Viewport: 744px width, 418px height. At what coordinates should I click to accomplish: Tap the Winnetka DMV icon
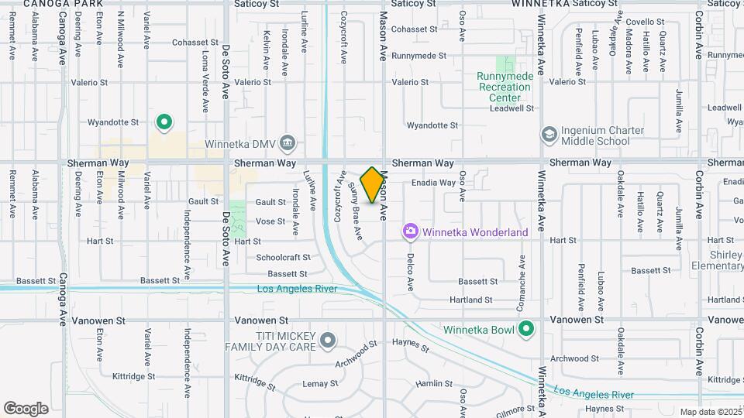coord(288,142)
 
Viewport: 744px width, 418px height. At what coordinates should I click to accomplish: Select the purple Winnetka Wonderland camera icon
coord(410,231)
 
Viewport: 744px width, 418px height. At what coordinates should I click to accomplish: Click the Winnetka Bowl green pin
coord(526,330)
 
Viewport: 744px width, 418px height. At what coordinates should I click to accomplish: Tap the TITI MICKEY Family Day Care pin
coord(328,340)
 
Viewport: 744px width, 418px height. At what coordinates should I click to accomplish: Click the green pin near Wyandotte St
coord(164,122)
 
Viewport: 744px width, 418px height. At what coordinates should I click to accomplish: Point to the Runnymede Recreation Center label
coord(504,87)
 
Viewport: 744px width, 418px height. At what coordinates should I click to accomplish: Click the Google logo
coord(26,409)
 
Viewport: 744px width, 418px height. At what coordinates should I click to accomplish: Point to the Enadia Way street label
coord(433,183)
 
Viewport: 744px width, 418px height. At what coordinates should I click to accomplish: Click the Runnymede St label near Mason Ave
coord(419,56)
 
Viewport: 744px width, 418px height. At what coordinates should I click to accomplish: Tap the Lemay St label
coord(316,383)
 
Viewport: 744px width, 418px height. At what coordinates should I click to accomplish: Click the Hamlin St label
coord(434,383)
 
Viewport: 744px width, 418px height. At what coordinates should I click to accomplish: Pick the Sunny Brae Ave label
coord(355,211)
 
